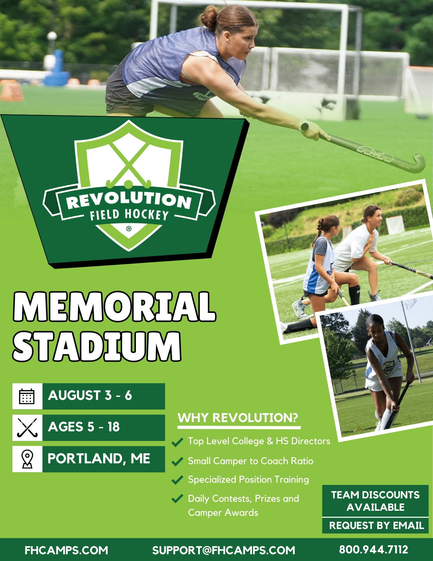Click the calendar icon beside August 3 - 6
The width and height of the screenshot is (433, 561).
pos(27,396)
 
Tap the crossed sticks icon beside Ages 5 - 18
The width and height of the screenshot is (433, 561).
pos(27,427)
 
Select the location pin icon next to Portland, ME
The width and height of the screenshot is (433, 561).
pos(27,459)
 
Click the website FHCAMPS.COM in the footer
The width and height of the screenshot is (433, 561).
pos(66,550)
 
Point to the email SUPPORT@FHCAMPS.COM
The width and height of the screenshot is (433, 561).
pos(224,550)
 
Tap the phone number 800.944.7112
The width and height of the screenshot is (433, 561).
pos(374,549)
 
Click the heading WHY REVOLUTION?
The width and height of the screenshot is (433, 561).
pos(238,418)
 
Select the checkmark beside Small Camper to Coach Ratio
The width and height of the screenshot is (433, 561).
pos(177,461)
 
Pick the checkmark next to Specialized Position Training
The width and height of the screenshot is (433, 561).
pos(177,480)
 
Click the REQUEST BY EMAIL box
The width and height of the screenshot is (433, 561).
pos(376,525)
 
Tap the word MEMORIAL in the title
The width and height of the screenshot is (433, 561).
pos(114,306)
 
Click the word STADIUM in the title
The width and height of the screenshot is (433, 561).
pos(97,346)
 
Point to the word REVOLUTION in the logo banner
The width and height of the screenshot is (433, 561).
pos(129,200)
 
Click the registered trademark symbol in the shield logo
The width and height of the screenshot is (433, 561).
pos(129,229)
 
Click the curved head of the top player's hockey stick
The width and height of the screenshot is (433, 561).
pos(418,163)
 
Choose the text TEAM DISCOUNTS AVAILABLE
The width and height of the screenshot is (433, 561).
pos(376,501)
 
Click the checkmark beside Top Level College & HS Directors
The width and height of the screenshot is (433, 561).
pos(177,442)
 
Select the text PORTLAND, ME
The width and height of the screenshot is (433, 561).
pos(99,459)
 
